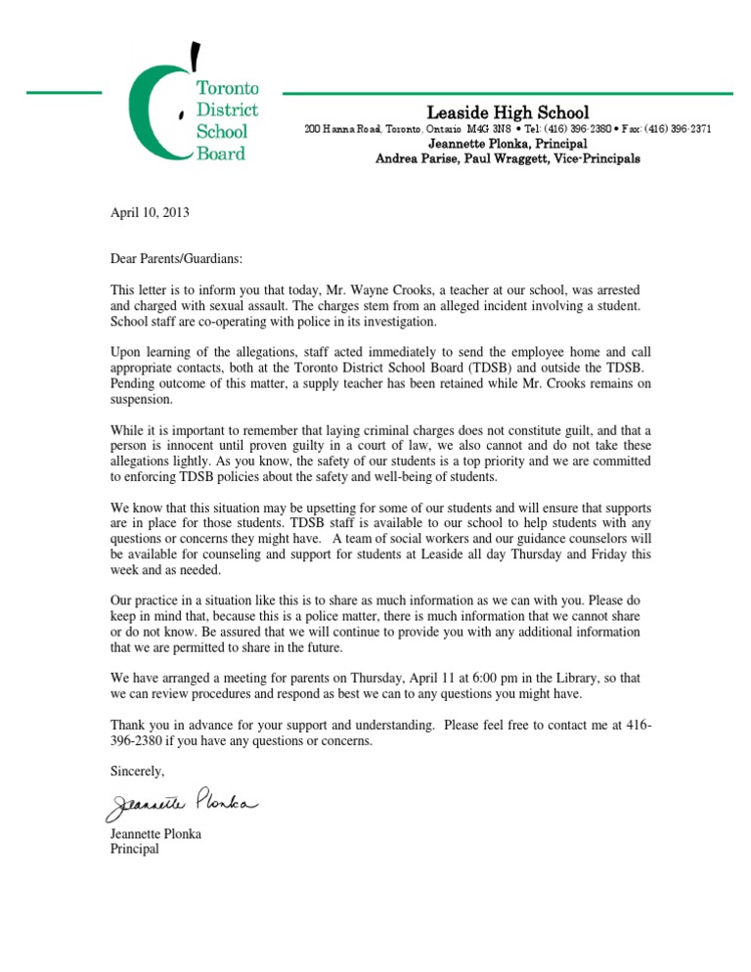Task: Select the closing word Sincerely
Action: click(x=138, y=771)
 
